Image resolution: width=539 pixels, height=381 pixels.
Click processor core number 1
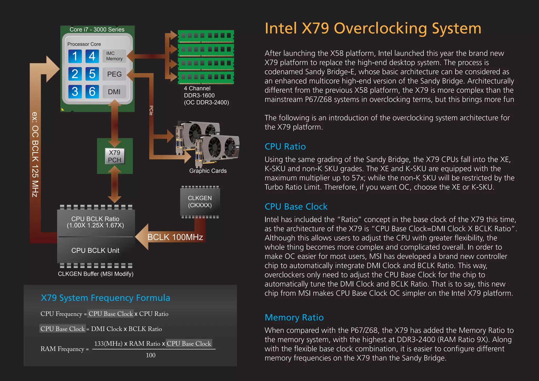pyautogui.click(x=75, y=56)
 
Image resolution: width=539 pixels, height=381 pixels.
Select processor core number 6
pyautogui.click(x=92, y=92)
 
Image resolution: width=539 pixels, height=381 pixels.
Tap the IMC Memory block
pyautogui.click(x=114, y=56)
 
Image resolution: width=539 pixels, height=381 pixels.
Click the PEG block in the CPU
pyautogui.click(x=114, y=74)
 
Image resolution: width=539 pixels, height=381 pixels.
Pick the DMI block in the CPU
pyautogui.click(x=114, y=92)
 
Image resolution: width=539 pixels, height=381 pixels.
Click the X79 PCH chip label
pyautogui.click(x=114, y=156)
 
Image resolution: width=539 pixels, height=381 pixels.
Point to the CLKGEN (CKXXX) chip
pyautogui.click(x=200, y=202)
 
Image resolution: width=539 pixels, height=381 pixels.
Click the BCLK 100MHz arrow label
pyautogui.click(x=175, y=237)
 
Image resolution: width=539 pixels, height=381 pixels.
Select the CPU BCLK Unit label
pyautogui.click(x=95, y=250)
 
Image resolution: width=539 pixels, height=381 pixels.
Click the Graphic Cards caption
pyautogui.click(x=208, y=171)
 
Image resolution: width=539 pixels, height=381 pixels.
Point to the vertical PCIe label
pyautogui.click(x=151, y=110)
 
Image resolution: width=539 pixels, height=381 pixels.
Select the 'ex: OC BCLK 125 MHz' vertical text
pyautogui.click(x=35, y=154)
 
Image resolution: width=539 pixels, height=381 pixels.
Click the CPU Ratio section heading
pyautogui.click(x=285, y=147)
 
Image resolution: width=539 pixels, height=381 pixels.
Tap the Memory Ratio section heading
pyautogui.click(x=294, y=318)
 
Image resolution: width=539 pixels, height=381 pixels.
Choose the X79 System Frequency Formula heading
pyautogui.click(x=105, y=298)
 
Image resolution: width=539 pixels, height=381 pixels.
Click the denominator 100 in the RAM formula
pyautogui.click(x=151, y=355)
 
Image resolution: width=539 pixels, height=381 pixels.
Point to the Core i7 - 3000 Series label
pyautogui.click(x=97, y=29)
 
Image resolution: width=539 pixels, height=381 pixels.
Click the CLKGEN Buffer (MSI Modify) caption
pyautogui.click(x=96, y=274)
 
